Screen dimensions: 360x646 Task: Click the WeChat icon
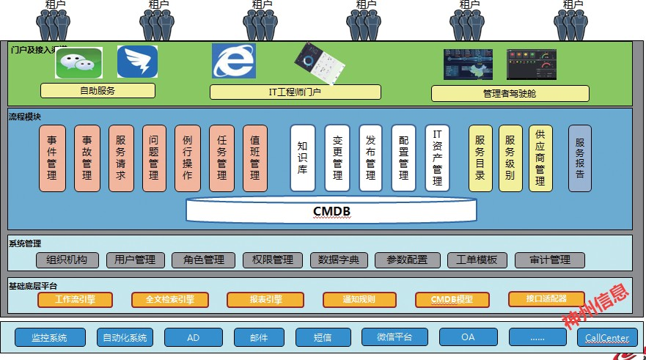pyautogui.click(x=78, y=62)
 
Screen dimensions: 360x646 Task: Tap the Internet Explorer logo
pyautogui.click(x=234, y=61)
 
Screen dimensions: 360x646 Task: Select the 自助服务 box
pyautogui.click(x=98, y=91)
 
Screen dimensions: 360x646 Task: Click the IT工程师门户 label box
pyautogui.click(x=295, y=92)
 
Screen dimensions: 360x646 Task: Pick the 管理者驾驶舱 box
pyautogui.click(x=510, y=94)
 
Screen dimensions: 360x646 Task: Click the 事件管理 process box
pyautogui.click(x=53, y=158)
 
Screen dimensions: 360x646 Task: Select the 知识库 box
pyautogui.click(x=303, y=158)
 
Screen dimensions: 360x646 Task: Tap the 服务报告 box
pyautogui.click(x=579, y=158)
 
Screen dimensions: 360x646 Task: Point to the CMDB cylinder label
pyautogui.click(x=331, y=212)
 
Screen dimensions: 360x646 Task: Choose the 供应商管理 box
pyautogui.click(x=540, y=158)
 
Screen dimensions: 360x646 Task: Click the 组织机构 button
pyautogui.click(x=67, y=260)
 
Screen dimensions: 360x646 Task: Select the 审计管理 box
pyautogui.click(x=550, y=260)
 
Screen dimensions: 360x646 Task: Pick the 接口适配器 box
pyautogui.click(x=546, y=299)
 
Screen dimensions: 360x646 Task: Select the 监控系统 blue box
pyautogui.click(x=49, y=337)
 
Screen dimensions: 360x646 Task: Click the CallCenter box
pyautogui.click(x=603, y=337)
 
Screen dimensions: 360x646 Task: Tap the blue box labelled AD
pyautogui.click(x=194, y=337)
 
